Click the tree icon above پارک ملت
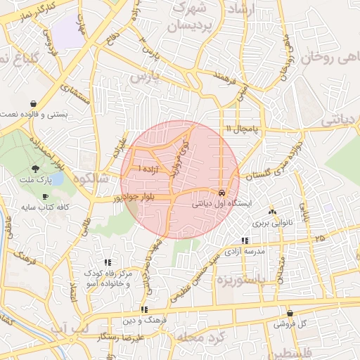coord(35,169)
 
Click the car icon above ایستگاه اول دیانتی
coord(221,192)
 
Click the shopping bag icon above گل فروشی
coord(290,314)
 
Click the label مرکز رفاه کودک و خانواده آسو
coord(107,276)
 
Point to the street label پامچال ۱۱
coord(243,129)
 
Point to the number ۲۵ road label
coord(320,239)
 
